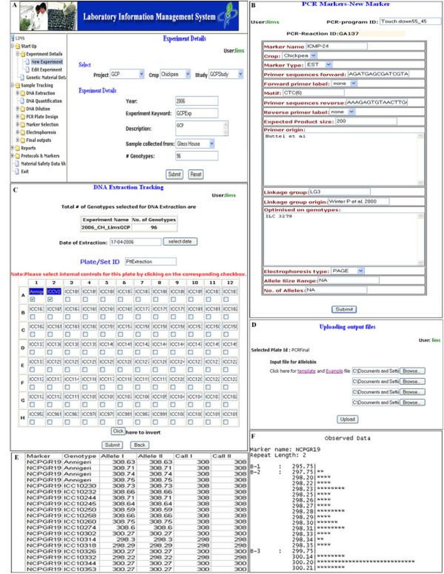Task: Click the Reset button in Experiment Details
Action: [195, 174]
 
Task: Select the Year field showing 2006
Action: [197, 101]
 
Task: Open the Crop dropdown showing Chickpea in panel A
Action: [175, 75]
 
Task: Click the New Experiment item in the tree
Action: [47, 62]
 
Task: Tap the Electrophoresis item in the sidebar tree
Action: [41, 132]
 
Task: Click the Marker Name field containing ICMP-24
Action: [336, 46]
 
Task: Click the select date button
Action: [180, 241]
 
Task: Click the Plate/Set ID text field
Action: [150, 261]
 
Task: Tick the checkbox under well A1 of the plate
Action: [32, 300]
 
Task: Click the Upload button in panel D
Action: [347, 419]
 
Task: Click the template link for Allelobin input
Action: [306, 371]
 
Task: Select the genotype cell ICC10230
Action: [80, 486]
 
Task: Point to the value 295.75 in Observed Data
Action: [303, 466]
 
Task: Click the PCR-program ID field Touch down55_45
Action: [410, 21]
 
